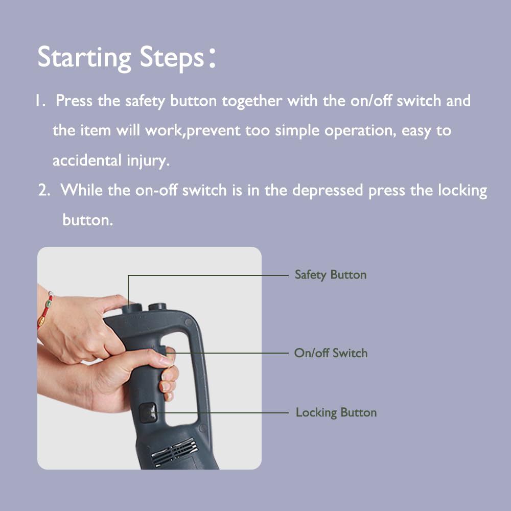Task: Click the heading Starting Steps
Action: [x=126, y=58]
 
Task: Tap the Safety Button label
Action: [x=331, y=275]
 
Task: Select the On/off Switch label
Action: [x=331, y=353]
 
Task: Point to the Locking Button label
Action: [x=336, y=412]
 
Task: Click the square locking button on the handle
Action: [x=148, y=413]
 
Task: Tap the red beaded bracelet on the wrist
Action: [x=45, y=310]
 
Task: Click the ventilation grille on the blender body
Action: [x=174, y=452]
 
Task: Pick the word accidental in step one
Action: [x=87, y=160]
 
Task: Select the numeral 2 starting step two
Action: [x=43, y=190]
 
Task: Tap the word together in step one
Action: [x=252, y=101]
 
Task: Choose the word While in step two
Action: [x=81, y=190]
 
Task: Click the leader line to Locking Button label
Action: [x=219, y=412]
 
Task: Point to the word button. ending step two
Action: [x=88, y=220]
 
